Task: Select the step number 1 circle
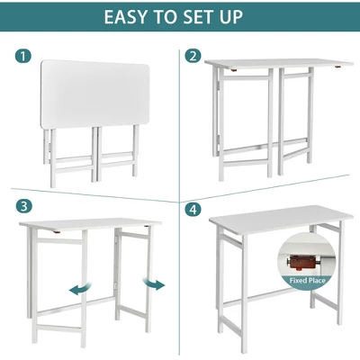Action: click(24, 56)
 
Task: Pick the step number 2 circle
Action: click(193, 56)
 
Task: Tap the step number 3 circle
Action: click(24, 206)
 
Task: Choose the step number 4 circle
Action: click(193, 209)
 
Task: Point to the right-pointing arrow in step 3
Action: click(155, 285)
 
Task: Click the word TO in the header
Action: click(174, 17)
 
